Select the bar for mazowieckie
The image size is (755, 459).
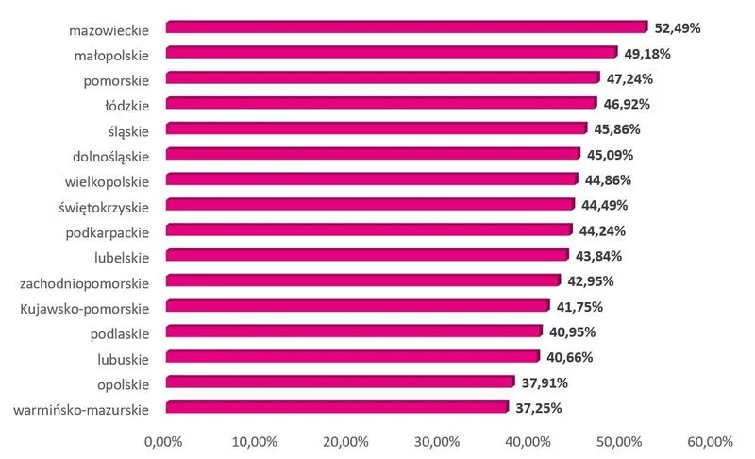406,27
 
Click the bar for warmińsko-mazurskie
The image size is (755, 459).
337,408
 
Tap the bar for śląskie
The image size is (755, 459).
376,128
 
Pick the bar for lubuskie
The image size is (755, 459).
352,357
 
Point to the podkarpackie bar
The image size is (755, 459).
368,230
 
